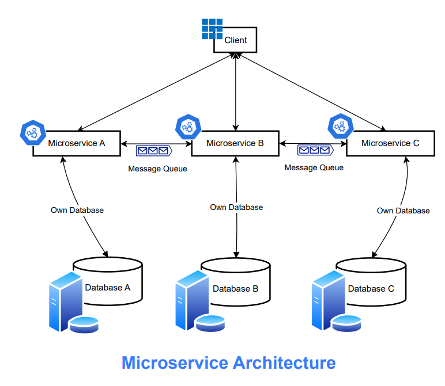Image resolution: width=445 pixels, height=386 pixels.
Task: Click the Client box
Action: (x=235, y=40)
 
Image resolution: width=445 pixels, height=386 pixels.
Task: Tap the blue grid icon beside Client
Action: (x=212, y=29)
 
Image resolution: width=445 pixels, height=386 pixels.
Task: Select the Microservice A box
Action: (x=76, y=143)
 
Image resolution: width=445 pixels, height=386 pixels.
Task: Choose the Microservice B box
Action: (x=235, y=143)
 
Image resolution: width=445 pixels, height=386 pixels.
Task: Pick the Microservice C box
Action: (x=390, y=143)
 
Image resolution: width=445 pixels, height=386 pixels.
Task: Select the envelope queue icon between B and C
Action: (x=315, y=150)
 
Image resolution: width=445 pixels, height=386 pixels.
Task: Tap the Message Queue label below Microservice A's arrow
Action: (x=157, y=169)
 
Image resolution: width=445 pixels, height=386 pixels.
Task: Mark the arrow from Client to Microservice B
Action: (x=235, y=92)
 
